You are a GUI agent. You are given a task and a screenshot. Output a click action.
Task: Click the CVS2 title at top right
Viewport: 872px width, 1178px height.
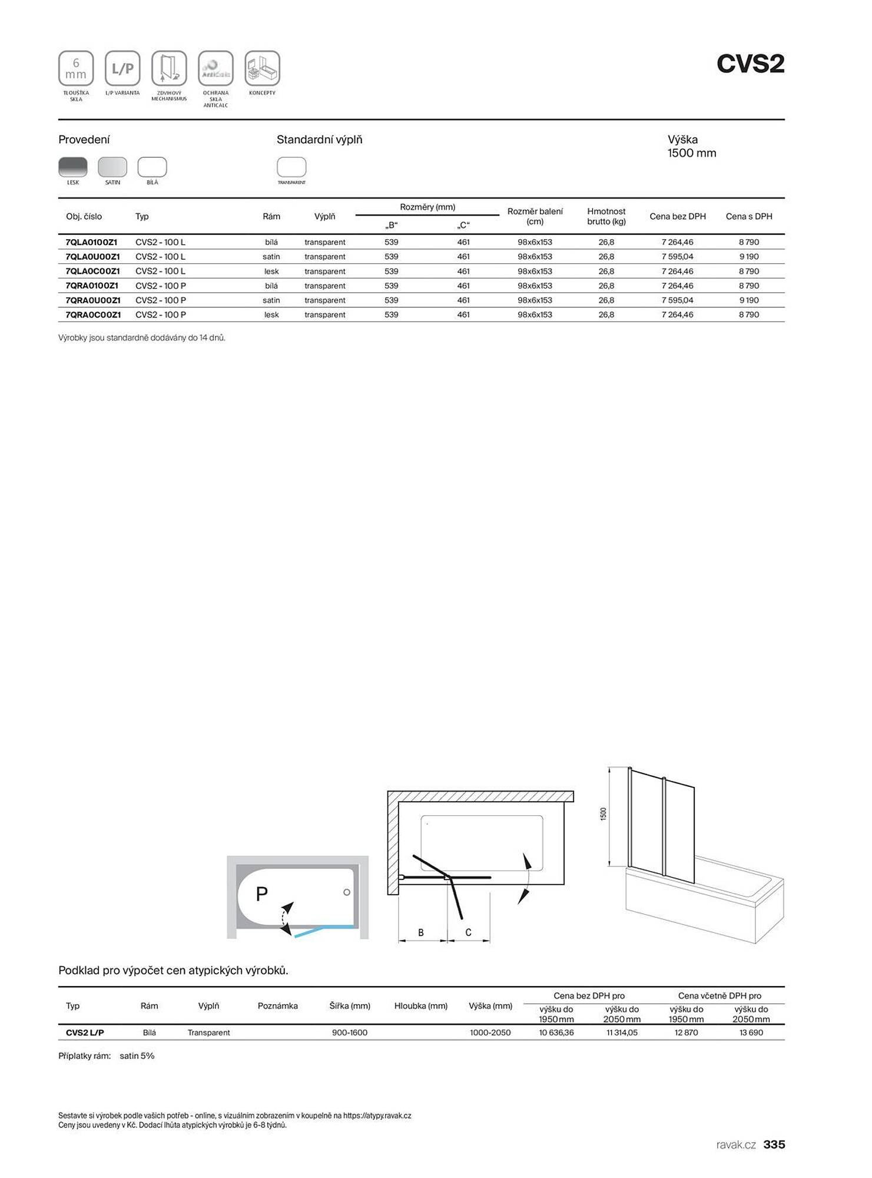pyautogui.click(x=750, y=64)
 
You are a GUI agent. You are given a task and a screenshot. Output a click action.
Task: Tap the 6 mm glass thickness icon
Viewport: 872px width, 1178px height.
pyautogui.click(x=76, y=69)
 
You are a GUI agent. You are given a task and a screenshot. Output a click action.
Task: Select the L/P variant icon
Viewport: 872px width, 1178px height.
pyautogui.click(x=122, y=69)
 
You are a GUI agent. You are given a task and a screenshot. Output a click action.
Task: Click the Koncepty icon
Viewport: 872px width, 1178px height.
pyautogui.click(x=262, y=69)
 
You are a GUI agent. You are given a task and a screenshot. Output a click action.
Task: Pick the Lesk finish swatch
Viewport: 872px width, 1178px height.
pyautogui.click(x=73, y=167)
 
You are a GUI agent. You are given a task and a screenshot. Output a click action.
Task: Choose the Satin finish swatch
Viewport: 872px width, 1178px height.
pyautogui.click(x=112, y=167)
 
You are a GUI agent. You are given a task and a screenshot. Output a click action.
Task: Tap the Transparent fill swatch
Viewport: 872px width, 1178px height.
pyautogui.click(x=291, y=167)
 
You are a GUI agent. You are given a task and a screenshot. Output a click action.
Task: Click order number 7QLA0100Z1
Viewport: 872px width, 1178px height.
pyautogui.click(x=91, y=242)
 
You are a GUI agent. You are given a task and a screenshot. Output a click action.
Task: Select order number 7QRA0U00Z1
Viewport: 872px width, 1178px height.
pyautogui.click(x=93, y=300)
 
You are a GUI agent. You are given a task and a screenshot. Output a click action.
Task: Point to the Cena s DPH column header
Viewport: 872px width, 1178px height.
pyautogui.click(x=748, y=216)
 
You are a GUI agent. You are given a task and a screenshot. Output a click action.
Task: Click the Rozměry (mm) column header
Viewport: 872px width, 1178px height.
pyautogui.click(x=427, y=207)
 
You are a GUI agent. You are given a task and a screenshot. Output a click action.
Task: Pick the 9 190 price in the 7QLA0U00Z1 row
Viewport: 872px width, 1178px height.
pyautogui.click(x=749, y=257)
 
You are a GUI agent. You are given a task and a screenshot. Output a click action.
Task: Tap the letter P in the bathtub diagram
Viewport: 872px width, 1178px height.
pyautogui.click(x=262, y=894)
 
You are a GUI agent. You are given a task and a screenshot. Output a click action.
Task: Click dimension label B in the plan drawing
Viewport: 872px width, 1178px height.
pyautogui.click(x=421, y=932)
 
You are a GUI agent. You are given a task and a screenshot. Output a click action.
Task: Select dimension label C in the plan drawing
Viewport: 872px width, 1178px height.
pyautogui.click(x=468, y=932)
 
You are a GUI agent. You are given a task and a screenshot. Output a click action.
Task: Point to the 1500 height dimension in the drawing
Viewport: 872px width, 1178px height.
pyautogui.click(x=603, y=814)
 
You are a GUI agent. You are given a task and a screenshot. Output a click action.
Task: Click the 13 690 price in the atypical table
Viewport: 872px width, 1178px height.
pyautogui.click(x=751, y=1033)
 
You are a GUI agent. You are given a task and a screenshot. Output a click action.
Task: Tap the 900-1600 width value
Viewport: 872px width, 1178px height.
pyautogui.click(x=350, y=1033)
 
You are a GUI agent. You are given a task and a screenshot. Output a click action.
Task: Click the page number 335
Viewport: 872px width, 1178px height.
pyautogui.click(x=774, y=1144)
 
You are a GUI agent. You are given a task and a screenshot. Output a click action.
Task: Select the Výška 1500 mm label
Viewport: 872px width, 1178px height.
pyautogui.click(x=691, y=146)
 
